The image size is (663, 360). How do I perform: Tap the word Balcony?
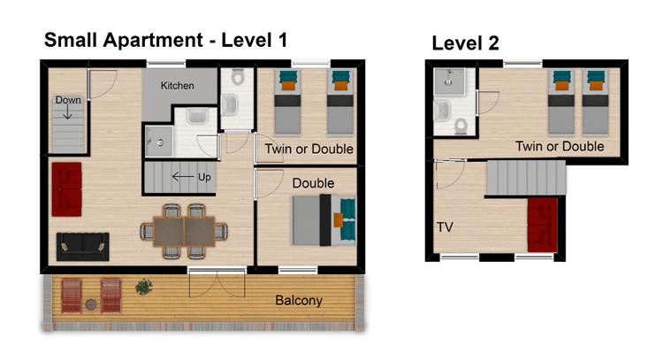(299, 301)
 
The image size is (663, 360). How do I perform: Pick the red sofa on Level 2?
(542, 224)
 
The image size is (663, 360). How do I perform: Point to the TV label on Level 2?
(446, 227)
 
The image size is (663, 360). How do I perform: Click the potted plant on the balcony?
(142, 287)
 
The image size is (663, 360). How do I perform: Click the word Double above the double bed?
(313, 183)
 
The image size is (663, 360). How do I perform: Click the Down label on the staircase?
(68, 100)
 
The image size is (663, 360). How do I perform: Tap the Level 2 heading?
(466, 42)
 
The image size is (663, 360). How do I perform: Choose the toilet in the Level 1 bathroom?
(232, 105)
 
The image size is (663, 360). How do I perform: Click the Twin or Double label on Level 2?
(560, 146)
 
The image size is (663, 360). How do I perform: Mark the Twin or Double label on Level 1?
(309, 149)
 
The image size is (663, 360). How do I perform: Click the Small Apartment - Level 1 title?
(165, 40)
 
